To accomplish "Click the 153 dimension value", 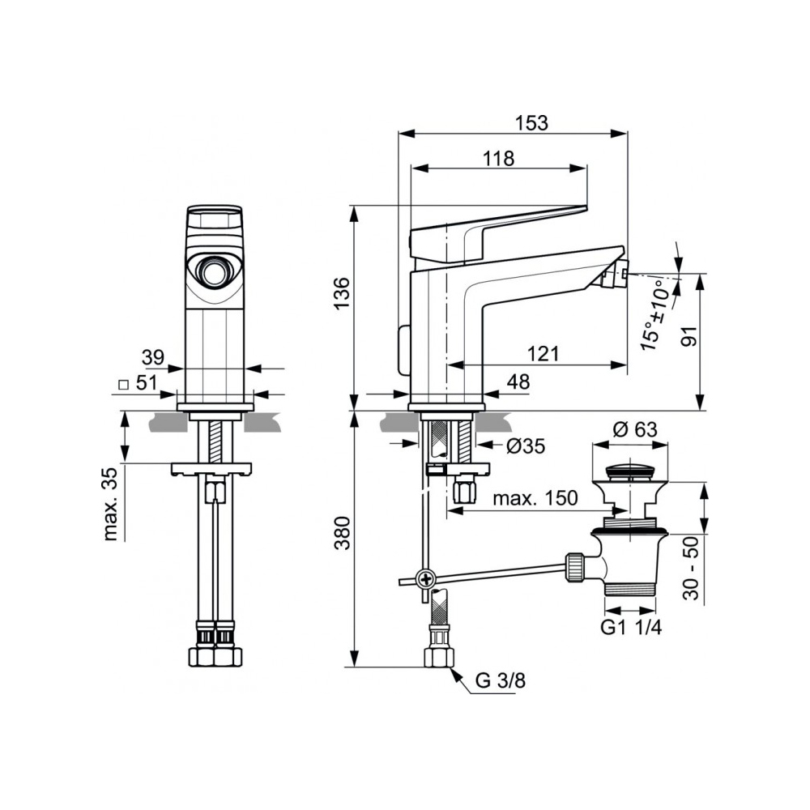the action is [531, 123].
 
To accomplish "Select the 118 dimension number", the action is [498, 158].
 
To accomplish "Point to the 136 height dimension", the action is [342, 293].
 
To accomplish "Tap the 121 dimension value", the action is [544, 354].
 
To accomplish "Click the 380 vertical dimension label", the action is [342, 533].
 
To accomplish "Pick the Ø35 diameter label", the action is [526, 446].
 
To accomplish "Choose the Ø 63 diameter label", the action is [635, 429].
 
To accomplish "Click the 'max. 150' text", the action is [535, 498].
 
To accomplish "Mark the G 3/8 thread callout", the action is [500, 680].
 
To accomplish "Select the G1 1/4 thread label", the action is [631, 627].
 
